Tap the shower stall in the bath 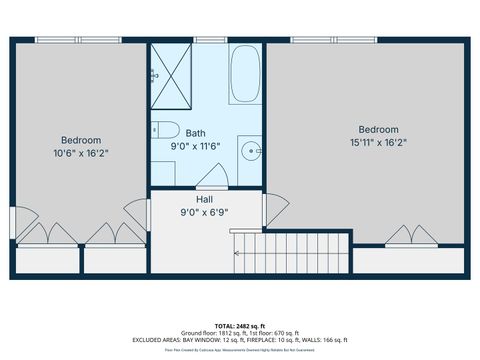[174, 74]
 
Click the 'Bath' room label [196, 133]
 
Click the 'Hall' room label [203, 199]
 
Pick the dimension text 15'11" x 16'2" [378, 142]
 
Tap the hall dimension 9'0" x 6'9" [203, 212]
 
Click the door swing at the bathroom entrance [212, 178]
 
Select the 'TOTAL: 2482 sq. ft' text [240, 325]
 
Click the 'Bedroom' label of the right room [378, 129]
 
